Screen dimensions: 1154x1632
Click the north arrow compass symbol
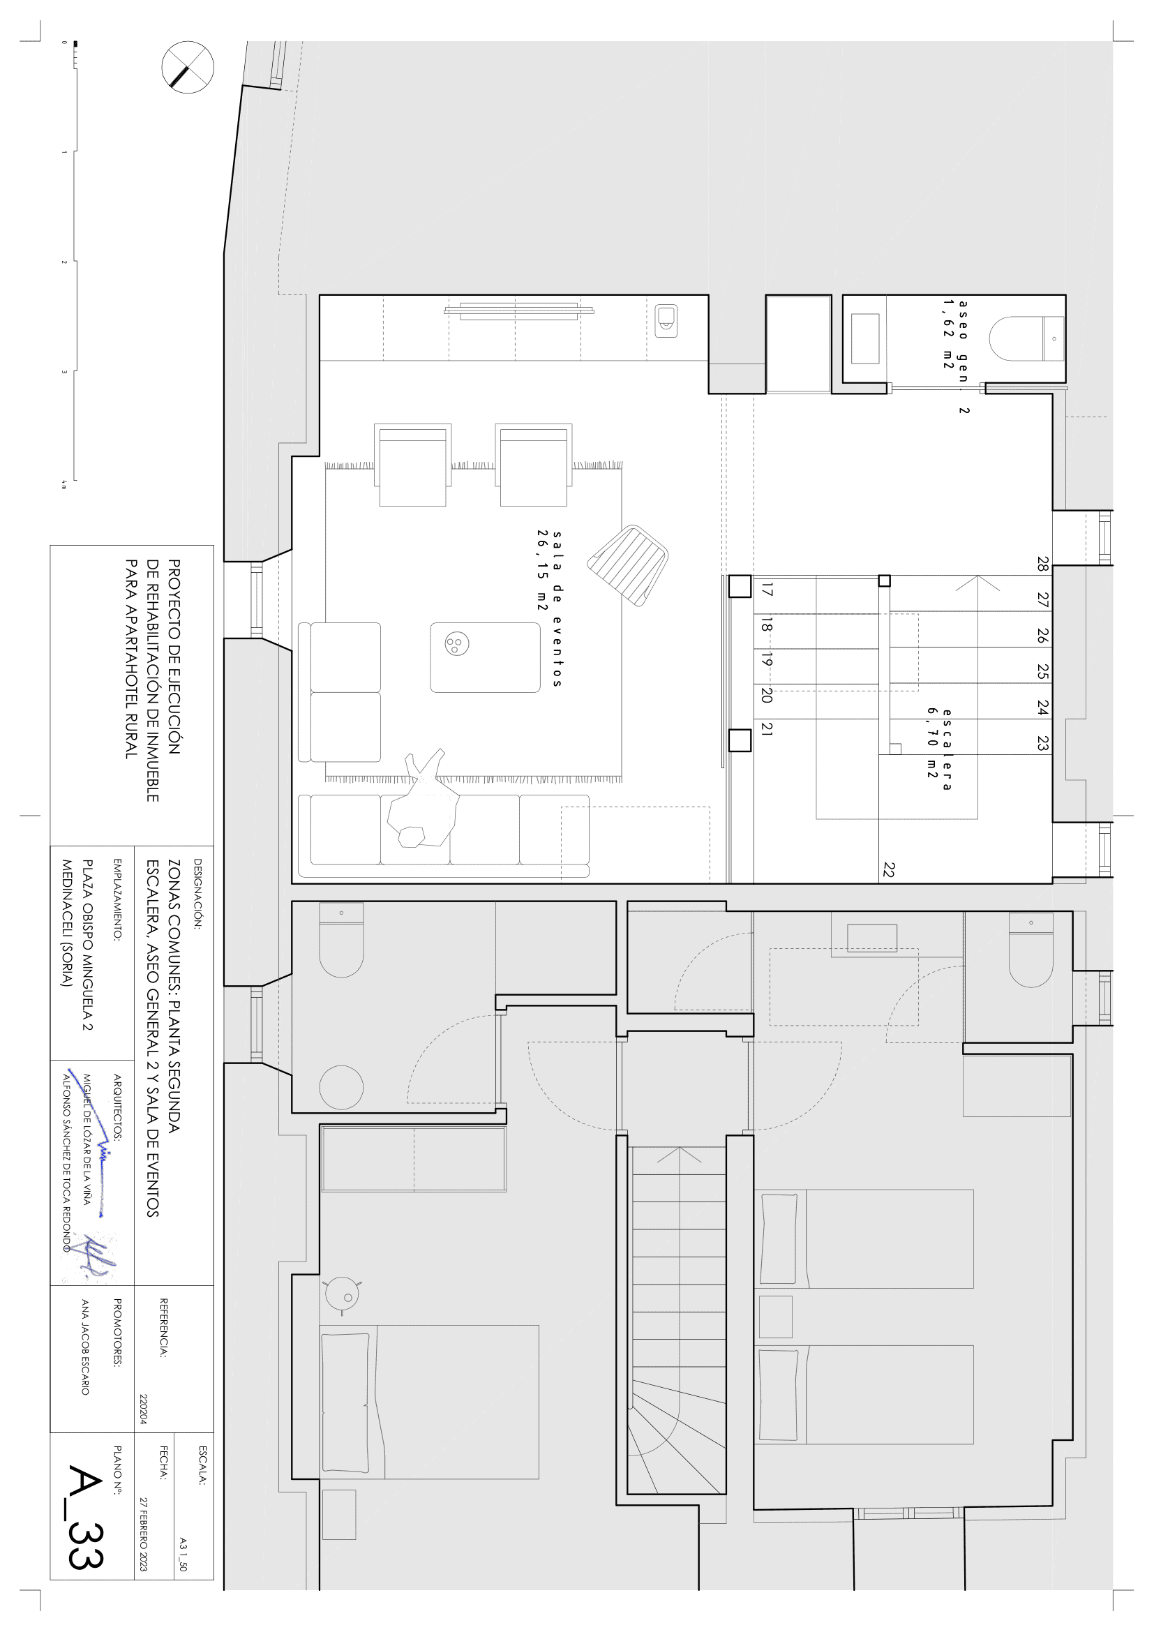(188, 68)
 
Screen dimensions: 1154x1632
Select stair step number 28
(1042, 564)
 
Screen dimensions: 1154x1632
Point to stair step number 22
(889, 869)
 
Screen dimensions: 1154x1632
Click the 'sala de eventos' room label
(550, 608)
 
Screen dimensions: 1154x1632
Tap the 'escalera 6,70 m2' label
(939, 749)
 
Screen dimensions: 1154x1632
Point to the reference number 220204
(144, 1409)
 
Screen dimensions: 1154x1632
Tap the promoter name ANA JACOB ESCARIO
(85, 1347)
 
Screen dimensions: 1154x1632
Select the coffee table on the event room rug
(486, 657)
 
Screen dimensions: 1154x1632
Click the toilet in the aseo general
(1027, 338)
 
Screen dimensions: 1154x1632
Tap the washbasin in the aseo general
(864, 338)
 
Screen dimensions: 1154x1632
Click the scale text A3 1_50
(183, 1554)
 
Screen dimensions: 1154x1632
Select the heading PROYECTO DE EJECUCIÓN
(174, 657)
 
